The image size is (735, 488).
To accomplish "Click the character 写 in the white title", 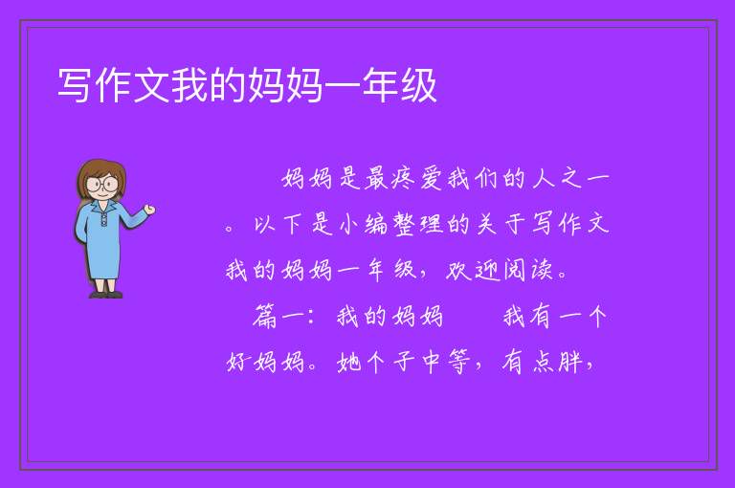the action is [x=75, y=86].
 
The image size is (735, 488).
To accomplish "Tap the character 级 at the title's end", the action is [x=418, y=86].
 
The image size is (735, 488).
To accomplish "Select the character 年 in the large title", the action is [x=381, y=86].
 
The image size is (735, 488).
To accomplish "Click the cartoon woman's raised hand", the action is [x=149, y=210].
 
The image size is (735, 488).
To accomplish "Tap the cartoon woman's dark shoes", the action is [x=106, y=295].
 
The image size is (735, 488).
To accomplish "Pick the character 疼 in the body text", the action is [x=403, y=179].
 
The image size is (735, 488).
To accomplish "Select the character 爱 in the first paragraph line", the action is [x=432, y=179].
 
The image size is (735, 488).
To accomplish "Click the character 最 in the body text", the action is [x=376, y=179].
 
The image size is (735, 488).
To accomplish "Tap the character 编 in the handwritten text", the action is [x=376, y=224].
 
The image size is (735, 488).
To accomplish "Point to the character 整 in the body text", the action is [x=404, y=224].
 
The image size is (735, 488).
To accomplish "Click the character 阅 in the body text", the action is [x=515, y=271].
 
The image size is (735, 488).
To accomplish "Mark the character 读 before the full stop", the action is [x=543, y=271].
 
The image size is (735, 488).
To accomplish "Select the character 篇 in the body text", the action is [x=265, y=317].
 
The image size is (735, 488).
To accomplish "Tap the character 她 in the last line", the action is [x=348, y=362].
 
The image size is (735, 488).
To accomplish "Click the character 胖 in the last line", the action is [x=570, y=362].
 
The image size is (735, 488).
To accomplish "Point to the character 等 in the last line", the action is [x=459, y=362].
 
